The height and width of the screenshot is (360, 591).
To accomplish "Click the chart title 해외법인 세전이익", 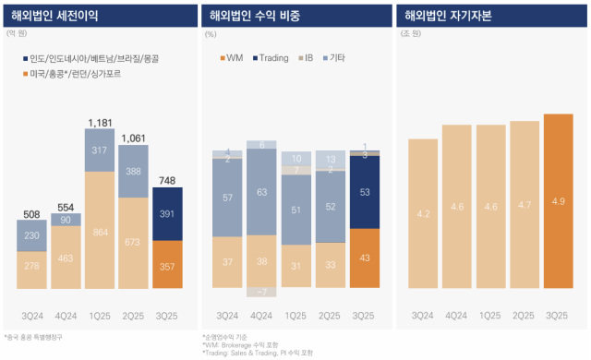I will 54,15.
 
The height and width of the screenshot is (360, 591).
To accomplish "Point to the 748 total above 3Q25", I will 167,180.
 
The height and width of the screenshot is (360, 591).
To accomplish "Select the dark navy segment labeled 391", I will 167,213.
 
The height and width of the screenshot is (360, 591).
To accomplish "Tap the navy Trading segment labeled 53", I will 366,192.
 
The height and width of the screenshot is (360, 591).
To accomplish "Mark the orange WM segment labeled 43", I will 366,257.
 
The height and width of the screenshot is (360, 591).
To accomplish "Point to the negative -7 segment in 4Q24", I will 263,292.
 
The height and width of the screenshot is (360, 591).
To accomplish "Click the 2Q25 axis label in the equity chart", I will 524,316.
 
